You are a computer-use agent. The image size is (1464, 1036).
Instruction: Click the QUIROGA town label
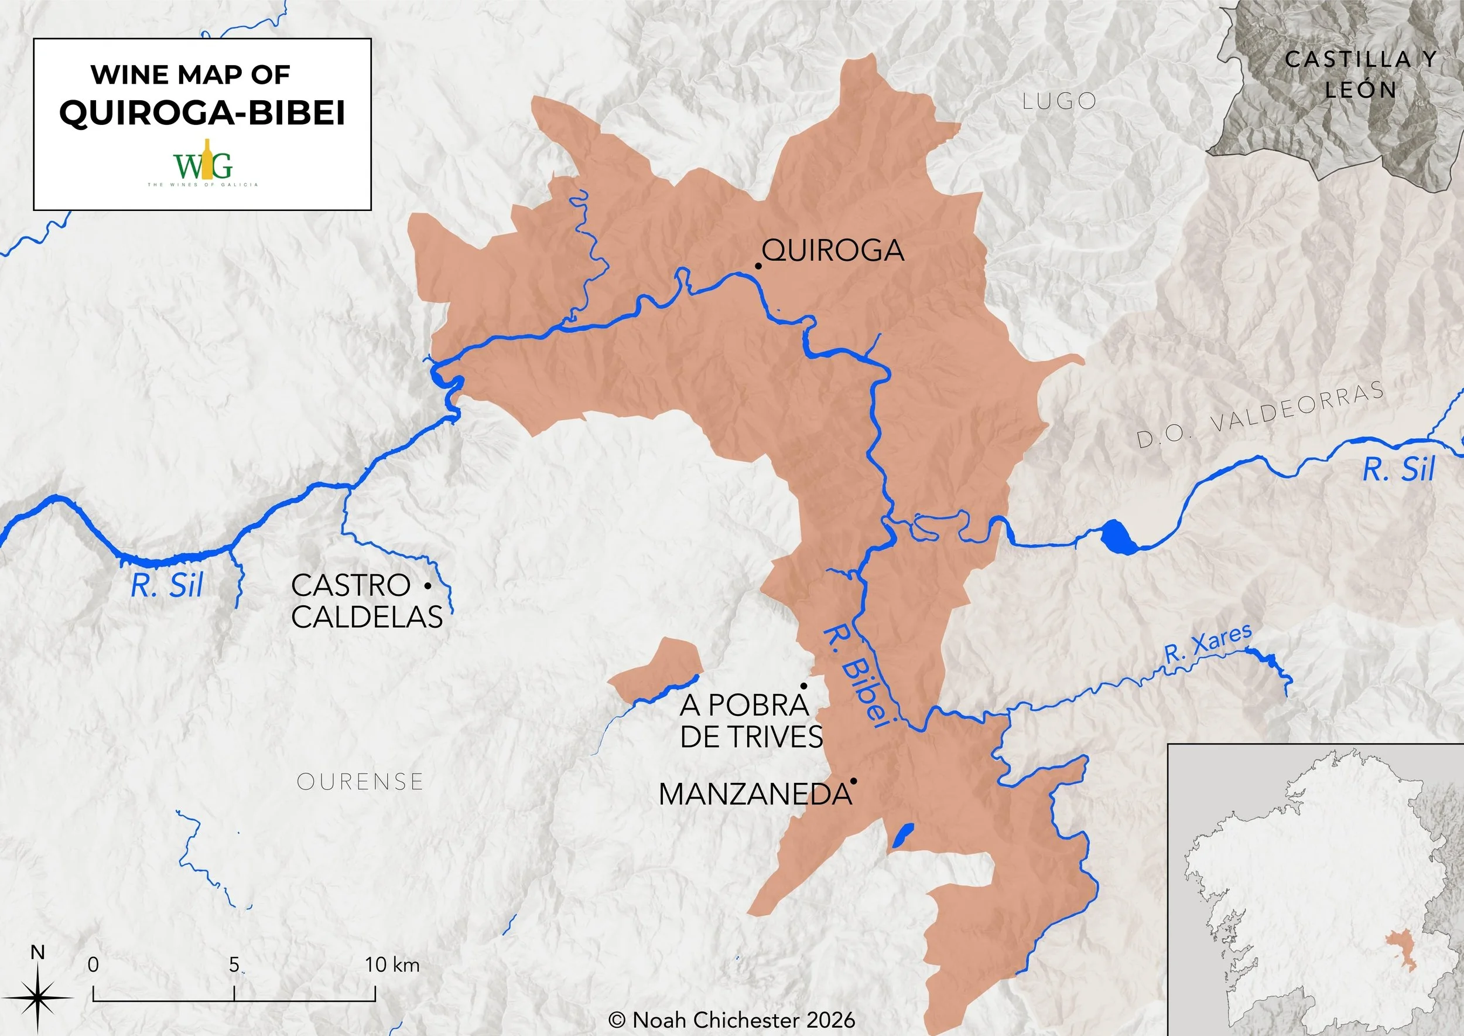[x=833, y=250]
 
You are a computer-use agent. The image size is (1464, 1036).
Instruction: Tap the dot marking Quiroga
[x=758, y=265]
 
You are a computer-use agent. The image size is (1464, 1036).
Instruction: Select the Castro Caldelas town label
[x=367, y=601]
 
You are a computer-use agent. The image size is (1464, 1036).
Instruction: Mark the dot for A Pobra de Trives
[x=804, y=686]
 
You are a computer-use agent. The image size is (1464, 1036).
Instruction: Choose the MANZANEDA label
[x=755, y=794]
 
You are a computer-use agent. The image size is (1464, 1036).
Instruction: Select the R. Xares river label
[x=1207, y=645]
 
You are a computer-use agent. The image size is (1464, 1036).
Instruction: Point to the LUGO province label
[x=1059, y=101]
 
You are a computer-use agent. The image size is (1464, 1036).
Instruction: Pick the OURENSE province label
[x=360, y=782]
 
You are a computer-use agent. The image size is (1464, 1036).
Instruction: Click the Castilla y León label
[x=1361, y=74]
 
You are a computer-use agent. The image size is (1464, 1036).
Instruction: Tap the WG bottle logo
[x=203, y=163]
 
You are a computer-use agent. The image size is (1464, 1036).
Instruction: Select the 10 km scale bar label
[x=392, y=965]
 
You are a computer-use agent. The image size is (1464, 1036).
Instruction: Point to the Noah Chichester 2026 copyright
[x=731, y=1020]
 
